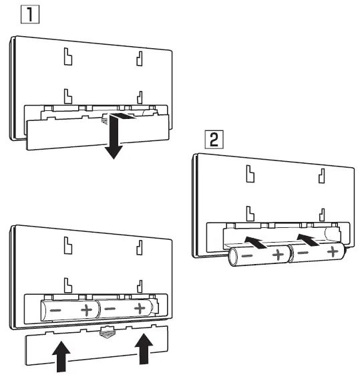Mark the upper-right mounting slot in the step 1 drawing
140,59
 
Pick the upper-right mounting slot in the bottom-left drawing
140,244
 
